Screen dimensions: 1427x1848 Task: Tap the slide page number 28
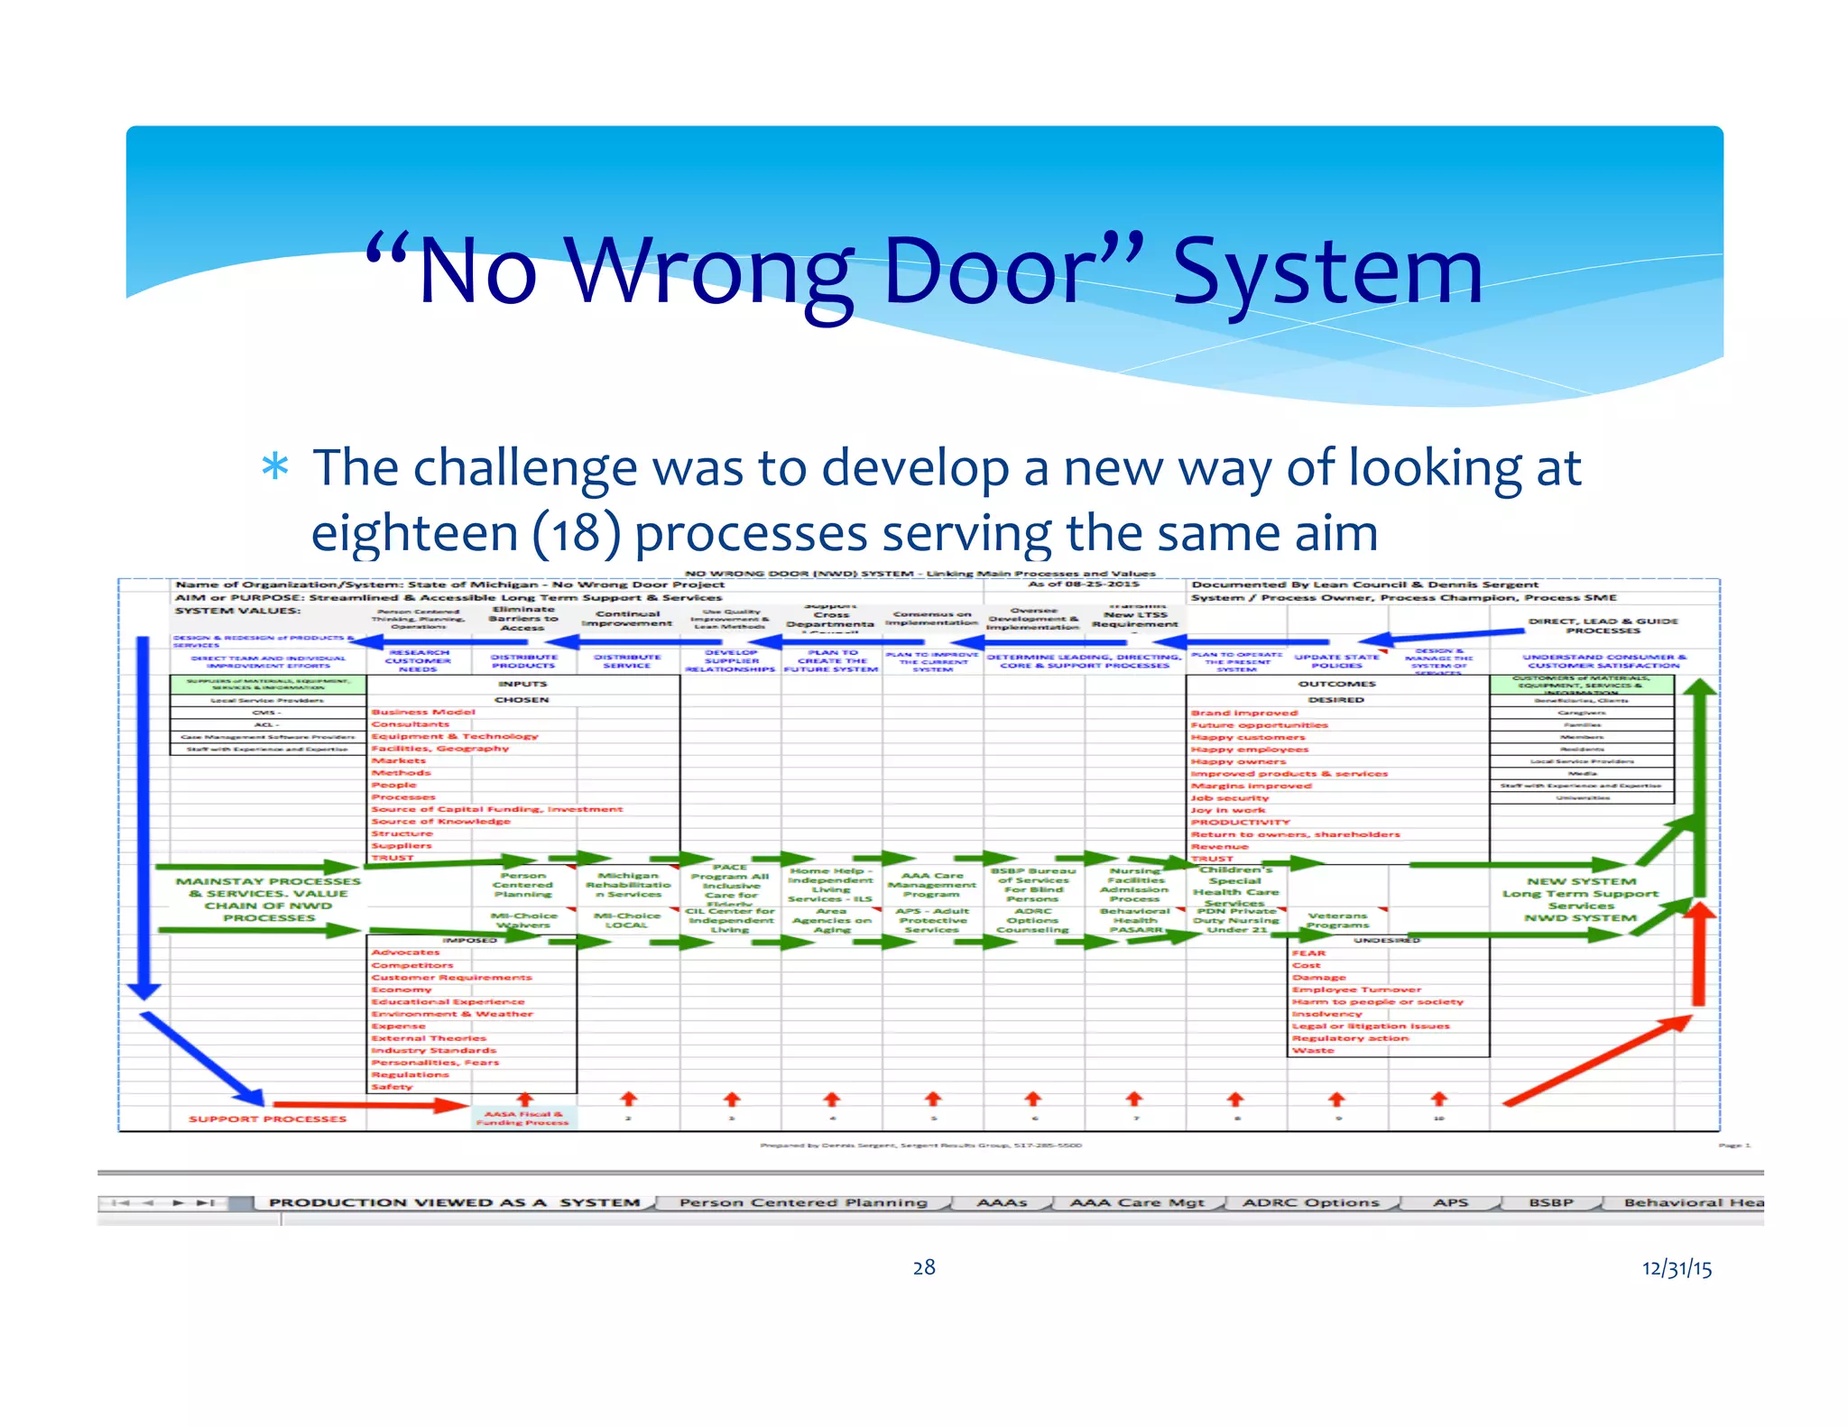tap(924, 1267)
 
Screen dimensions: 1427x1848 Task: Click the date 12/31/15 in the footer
tap(1677, 1268)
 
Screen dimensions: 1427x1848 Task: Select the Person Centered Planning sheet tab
tap(803, 1202)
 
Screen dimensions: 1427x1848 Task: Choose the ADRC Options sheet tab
tap(1310, 1202)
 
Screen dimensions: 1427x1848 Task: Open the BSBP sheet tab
tap(1550, 1202)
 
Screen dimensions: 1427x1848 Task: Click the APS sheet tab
tap(1450, 1202)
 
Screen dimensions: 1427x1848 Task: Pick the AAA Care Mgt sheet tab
tap(1137, 1202)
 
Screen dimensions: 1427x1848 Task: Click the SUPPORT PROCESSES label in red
tap(267, 1119)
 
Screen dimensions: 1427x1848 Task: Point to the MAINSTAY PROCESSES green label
tap(268, 899)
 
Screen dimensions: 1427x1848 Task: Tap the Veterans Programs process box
tap(1337, 920)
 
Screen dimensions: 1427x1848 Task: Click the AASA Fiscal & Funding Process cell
tap(523, 1119)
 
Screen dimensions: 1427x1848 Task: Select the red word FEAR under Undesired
tap(1308, 953)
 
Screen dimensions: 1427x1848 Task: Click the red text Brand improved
tap(1243, 713)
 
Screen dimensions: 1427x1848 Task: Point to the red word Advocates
tap(405, 953)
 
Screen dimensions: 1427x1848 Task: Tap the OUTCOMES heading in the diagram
tap(1336, 684)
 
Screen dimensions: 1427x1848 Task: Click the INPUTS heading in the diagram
tap(522, 684)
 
